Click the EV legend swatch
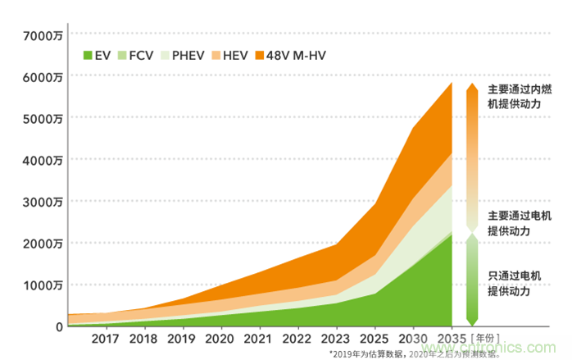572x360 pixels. tap(89, 56)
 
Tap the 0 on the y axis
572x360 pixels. tap(59, 326)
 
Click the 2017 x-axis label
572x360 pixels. tap(105, 339)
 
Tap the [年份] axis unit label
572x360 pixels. tap(485, 339)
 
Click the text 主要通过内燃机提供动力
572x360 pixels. tap(515, 97)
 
